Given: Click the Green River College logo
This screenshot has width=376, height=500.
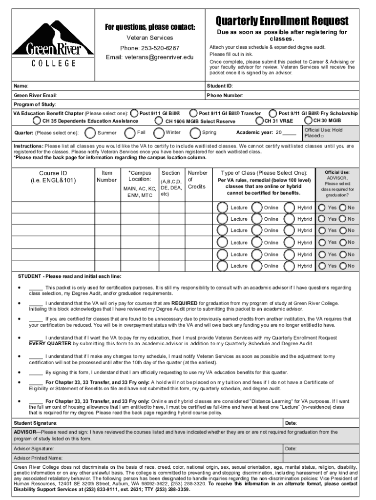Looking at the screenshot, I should (53, 43).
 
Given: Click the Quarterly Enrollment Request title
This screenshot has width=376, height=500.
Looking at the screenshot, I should (282, 21).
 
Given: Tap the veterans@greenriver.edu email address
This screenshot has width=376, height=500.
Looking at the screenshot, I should (150, 57).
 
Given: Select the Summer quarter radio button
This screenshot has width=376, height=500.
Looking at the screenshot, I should (90, 133).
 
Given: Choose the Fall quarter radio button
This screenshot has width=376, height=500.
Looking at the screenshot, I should (130, 133).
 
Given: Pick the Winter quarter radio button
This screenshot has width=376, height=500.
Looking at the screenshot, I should (159, 133).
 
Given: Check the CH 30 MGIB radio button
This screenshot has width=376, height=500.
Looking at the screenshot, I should (309, 120).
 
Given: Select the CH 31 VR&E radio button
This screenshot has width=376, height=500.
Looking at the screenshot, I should (259, 121).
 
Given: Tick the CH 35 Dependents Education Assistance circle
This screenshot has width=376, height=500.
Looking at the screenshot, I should (37, 121).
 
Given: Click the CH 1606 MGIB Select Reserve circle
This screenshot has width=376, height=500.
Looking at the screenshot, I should (159, 121).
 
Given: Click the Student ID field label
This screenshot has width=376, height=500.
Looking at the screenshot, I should (220, 86).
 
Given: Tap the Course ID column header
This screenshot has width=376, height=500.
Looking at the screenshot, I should (53, 177).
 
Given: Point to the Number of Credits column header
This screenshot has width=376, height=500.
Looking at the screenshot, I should (197, 180).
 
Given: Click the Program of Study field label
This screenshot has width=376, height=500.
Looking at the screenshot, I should (35, 104).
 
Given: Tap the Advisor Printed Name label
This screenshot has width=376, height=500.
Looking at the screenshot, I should (38, 458).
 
